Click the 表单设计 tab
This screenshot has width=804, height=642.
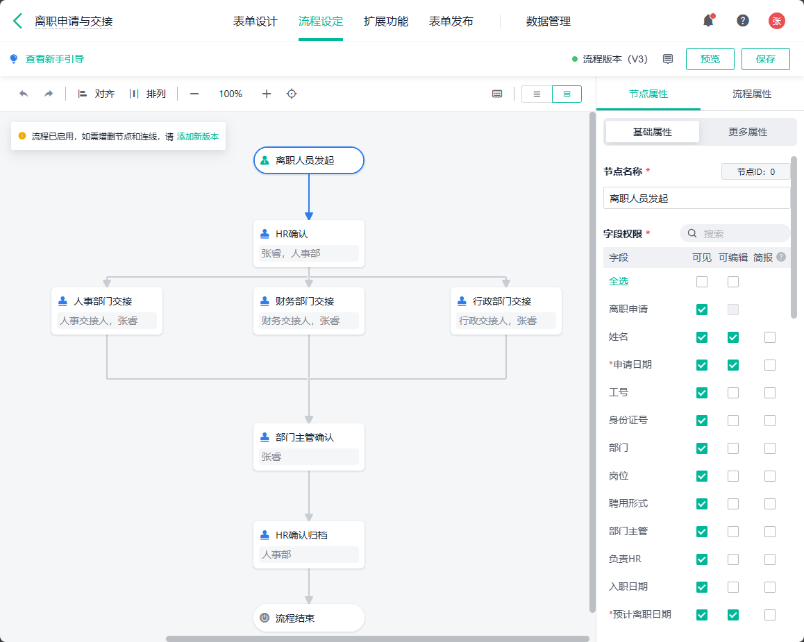255,22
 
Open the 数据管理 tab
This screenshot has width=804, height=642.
548,22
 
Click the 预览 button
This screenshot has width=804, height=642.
710,59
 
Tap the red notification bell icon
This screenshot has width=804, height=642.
709,21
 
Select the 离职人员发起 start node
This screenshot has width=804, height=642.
309,160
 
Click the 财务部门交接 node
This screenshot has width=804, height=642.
309,311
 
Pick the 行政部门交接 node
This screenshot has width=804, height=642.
506,311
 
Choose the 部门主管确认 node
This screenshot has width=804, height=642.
309,447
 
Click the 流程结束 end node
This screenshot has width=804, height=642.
309,618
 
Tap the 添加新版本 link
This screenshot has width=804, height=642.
198,136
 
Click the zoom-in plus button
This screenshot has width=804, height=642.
266,94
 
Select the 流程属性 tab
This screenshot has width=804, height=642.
752,94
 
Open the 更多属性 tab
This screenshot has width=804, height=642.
748,132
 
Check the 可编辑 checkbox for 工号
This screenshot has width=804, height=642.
733,393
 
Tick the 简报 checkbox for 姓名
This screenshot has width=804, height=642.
770,337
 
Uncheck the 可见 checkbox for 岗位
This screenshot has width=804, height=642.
702,476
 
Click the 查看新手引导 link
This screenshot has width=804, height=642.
55,59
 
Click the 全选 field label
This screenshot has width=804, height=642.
619,281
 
